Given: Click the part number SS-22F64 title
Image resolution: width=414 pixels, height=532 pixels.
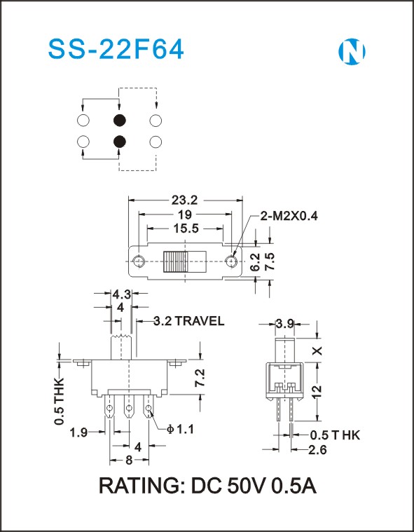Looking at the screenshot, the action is pos(116,50).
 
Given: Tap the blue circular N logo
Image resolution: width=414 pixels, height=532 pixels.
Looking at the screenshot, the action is pos(352,52).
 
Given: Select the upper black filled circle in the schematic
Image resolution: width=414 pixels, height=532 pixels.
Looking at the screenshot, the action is pos(119,120).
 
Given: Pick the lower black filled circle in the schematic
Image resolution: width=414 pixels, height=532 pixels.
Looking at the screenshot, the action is pos(119,142).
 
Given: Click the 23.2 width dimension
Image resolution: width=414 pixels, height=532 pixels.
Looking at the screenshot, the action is pos(184,200).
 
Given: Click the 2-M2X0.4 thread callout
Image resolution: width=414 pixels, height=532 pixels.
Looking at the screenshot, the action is pos(289,216).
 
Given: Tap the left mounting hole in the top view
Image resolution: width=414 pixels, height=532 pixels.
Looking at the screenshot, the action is pos(139,261).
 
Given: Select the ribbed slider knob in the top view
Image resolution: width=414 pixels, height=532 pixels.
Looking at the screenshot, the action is pos(175,261).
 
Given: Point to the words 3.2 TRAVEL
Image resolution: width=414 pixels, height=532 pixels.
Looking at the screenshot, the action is pos(189,321).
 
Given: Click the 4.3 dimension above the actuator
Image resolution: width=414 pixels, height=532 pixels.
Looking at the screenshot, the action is pos(122,294).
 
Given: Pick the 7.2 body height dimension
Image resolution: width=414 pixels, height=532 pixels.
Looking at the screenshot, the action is pos(200,378).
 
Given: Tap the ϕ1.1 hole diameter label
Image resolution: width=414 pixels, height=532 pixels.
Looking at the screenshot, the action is pos(181,430).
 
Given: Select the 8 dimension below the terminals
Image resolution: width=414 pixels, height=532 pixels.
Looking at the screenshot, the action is pos(129,461).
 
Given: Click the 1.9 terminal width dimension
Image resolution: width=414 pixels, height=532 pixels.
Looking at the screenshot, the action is pos(78,432).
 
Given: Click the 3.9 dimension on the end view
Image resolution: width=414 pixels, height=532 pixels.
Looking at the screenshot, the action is pos(285,325).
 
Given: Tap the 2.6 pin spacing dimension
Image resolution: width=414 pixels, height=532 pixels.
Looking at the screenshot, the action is pos(317,450).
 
